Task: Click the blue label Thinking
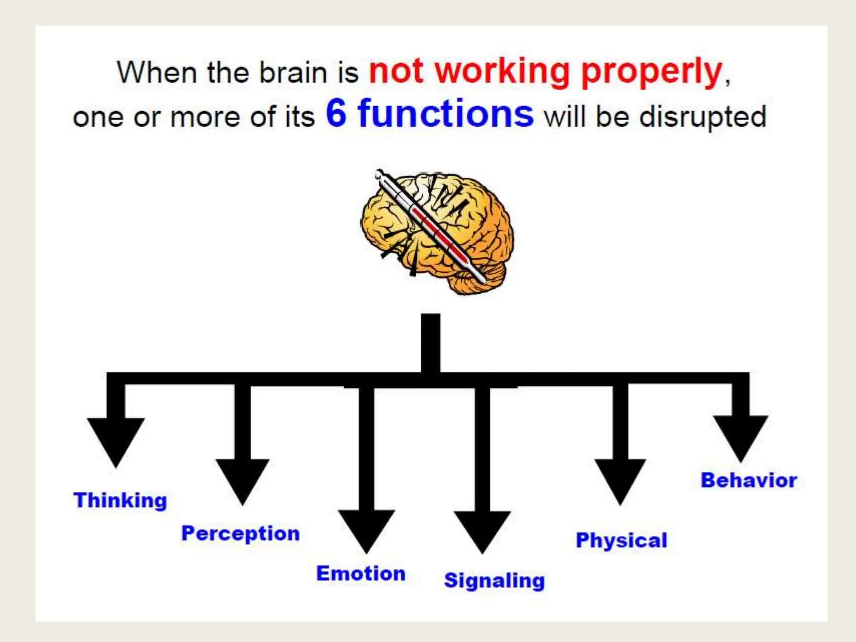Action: click(120, 500)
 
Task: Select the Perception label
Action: click(240, 533)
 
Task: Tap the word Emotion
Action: click(361, 573)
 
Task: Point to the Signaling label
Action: click(494, 581)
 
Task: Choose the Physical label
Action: click(622, 540)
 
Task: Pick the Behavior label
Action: click(749, 480)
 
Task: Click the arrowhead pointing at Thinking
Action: click(116, 439)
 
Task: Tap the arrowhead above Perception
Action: click(242, 479)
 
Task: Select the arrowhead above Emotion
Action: click(367, 529)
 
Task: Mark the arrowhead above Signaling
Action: click(482, 529)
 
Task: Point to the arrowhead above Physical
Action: click(620, 479)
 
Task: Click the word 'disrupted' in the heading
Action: click(703, 117)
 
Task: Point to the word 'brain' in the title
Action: click(293, 73)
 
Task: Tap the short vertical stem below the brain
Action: click(431, 343)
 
